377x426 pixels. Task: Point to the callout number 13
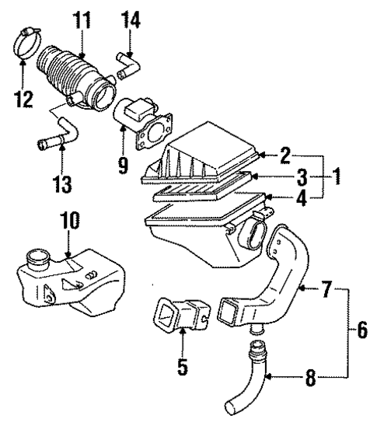click(x=65, y=184)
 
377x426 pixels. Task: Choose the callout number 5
click(x=181, y=363)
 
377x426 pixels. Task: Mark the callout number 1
click(x=337, y=176)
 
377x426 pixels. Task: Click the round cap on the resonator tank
click(x=35, y=257)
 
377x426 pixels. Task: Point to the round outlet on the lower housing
click(x=254, y=232)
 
